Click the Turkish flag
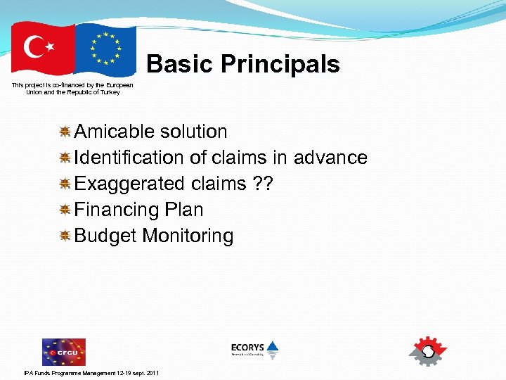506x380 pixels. point(42,49)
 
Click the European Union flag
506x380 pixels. point(105,49)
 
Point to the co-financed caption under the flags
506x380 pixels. point(72,89)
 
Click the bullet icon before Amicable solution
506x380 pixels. point(64,132)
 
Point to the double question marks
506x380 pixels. point(262,184)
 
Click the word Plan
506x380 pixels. point(183,210)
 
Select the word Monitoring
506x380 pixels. point(188,236)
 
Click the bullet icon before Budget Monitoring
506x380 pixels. point(64,236)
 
